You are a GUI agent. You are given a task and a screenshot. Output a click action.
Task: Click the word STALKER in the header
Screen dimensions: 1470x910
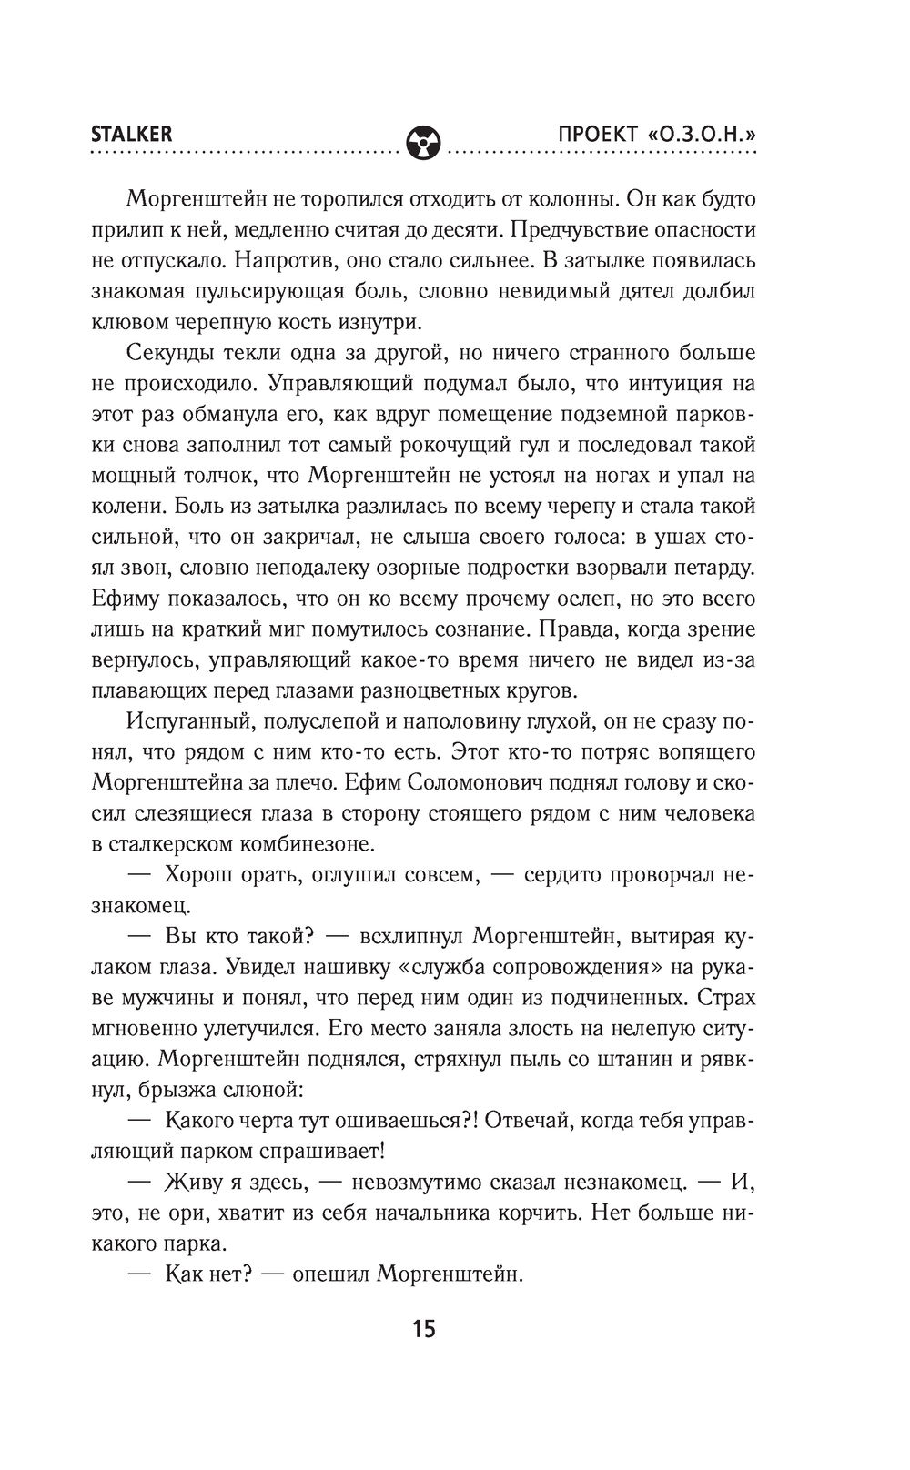132,134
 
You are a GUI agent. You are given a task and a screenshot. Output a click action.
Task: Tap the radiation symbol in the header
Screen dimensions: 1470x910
424,142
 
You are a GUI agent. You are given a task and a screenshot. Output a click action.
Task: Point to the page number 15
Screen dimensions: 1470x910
424,1328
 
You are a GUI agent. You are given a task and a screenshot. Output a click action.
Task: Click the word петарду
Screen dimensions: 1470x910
712,569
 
